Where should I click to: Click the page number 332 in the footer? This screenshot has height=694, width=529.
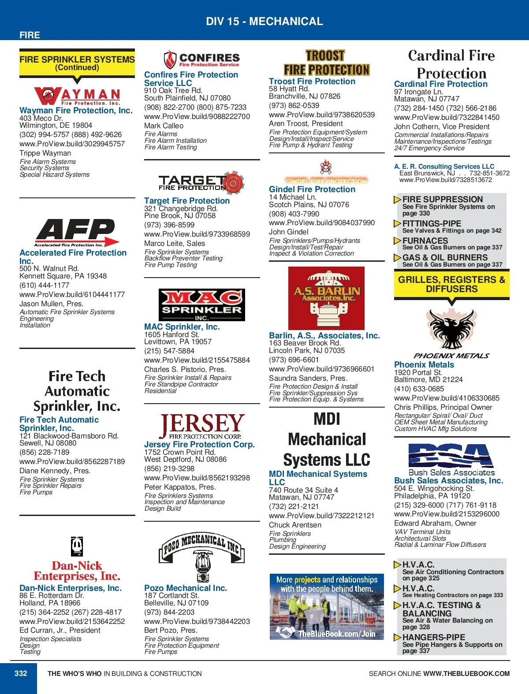pos(21,673)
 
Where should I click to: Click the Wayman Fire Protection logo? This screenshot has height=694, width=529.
pos(77,96)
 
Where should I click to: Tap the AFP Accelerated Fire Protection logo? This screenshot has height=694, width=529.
pos(77,233)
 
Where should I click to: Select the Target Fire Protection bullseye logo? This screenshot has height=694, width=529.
pos(201,182)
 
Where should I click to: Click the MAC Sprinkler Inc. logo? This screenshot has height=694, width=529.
pos(201,305)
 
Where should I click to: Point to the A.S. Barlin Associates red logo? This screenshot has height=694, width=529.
pos(326,298)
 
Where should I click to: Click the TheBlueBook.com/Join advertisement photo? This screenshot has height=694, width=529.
pos(327,606)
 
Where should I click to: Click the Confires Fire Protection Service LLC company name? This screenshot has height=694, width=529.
pos(191,79)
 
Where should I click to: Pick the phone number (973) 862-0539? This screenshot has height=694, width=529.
pos(294,105)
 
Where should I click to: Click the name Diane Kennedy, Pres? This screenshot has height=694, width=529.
pos(55,471)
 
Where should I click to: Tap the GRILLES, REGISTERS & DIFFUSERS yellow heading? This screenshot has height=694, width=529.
pos(451,284)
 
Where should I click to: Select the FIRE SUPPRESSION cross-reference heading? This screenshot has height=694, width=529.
pos(443,199)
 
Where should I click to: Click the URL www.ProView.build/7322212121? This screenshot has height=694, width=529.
pos(321,516)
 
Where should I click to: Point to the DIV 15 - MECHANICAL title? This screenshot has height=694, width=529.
pos(264,21)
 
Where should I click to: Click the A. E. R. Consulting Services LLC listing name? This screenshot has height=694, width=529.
pos(444,167)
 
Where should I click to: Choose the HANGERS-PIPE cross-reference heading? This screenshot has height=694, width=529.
pos(434,637)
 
